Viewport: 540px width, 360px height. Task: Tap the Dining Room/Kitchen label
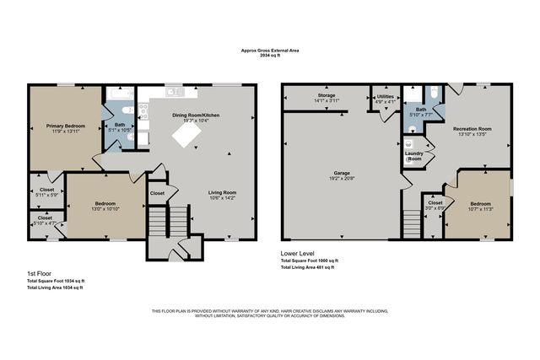(196, 115)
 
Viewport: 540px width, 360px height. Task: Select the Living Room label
(223, 193)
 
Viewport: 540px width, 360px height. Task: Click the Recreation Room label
(472, 128)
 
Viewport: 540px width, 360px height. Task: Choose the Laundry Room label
(413, 158)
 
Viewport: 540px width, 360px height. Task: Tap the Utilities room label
(384, 97)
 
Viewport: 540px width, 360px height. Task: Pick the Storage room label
(327, 95)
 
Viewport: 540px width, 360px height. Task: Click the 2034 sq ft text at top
(270, 56)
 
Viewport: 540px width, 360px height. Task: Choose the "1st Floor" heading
(39, 274)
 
